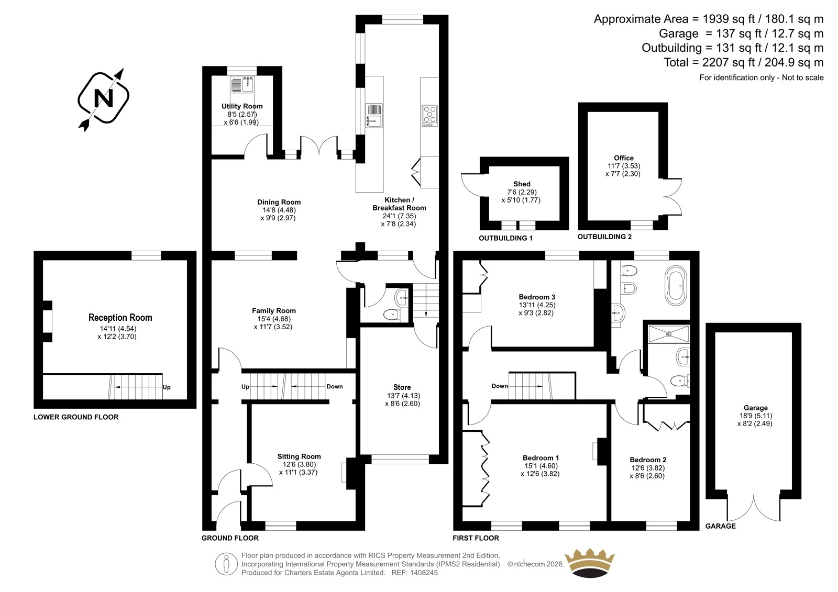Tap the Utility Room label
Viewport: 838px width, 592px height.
click(x=242, y=106)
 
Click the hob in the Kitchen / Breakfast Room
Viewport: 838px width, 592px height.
click(x=429, y=116)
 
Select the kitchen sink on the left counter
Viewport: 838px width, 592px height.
click(x=374, y=116)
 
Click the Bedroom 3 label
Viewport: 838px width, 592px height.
click(x=536, y=297)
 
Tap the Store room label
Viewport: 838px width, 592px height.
click(x=402, y=387)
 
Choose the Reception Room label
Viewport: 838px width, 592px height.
click(x=120, y=318)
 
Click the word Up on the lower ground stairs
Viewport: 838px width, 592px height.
click(x=167, y=387)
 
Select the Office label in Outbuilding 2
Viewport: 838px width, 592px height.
click(x=624, y=158)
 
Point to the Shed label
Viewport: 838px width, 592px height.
click(x=522, y=184)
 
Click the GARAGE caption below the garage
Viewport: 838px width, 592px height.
click(x=720, y=526)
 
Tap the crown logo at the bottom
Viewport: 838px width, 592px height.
click(x=590, y=563)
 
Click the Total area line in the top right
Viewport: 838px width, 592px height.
click(x=744, y=62)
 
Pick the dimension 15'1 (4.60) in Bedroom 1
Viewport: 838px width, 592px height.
click(x=541, y=466)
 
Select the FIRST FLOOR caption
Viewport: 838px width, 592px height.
click(x=476, y=538)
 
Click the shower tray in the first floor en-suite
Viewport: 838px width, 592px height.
click(x=668, y=334)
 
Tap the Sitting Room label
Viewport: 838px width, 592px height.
click(x=299, y=456)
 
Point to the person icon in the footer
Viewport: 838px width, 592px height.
click(x=226, y=564)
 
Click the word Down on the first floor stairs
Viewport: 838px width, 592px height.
click(x=500, y=386)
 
